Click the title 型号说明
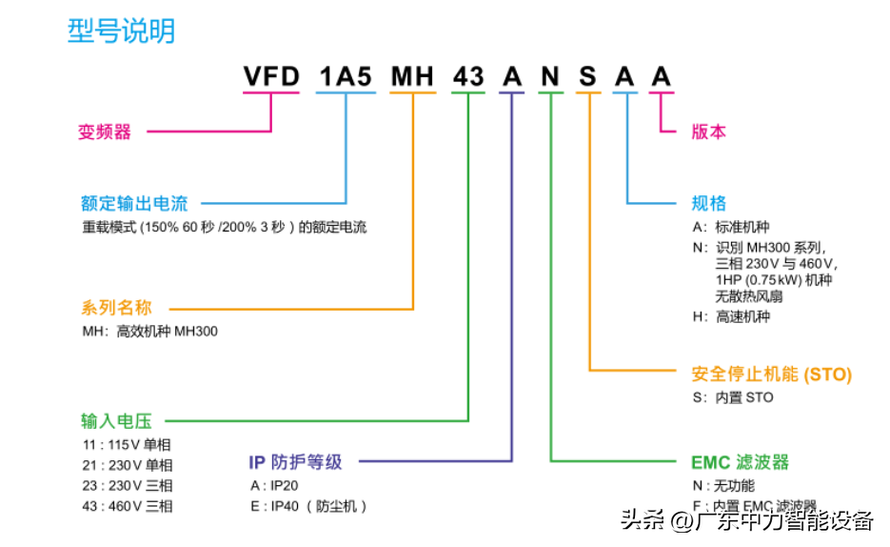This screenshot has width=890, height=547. click(121, 30)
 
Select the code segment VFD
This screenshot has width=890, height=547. click(271, 76)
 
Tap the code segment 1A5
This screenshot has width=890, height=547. click(346, 76)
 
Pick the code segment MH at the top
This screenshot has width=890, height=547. click(413, 76)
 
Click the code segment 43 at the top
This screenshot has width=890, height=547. click(468, 76)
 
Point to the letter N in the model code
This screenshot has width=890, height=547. click(550, 76)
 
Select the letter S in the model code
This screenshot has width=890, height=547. click(588, 76)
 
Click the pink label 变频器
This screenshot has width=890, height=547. click(105, 132)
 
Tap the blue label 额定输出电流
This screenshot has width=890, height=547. click(134, 203)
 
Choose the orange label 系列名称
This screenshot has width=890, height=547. click(116, 308)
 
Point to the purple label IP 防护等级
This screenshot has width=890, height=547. click(295, 462)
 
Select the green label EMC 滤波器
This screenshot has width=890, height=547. click(740, 462)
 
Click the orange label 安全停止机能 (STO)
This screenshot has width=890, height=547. click(771, 374)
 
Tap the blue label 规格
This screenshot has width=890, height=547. click(708, 203)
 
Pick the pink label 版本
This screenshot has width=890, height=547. click(708, 132)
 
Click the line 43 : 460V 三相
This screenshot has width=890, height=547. click(128, 506)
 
